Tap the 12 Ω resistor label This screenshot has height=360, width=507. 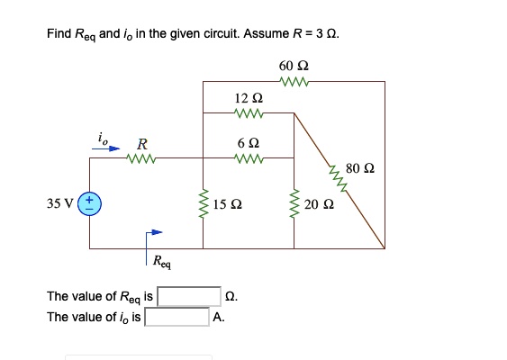pyautogui.click(x=248, y=97)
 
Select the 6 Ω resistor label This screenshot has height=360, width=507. pyautogui.click(x=248, y=143)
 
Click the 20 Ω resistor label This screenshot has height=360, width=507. pyautogui.click(x=319, y=204)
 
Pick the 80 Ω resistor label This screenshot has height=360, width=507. pyautogui.click(x=358, y=167)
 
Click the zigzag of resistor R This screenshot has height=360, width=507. pyautogui.click(x=142, y=159)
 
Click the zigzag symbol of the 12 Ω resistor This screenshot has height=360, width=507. pyautogui.click(x=248, y=112)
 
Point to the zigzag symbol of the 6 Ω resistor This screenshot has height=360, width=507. pyautogui.click(x=248, y=159)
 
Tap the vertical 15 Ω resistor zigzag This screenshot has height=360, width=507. pyautogui.click(x=203, y=204)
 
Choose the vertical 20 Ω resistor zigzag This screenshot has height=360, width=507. pyautogui.click(x=294, y=204)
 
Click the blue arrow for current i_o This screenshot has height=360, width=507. pyautogui.click(x=109, y=149)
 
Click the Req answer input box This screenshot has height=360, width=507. pyautogui.click(x=189, y=296)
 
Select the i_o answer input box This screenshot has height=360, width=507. pyautogui.click(x=177, y=317)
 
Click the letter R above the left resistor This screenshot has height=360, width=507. pyautogui.click(x=142, y=144)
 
